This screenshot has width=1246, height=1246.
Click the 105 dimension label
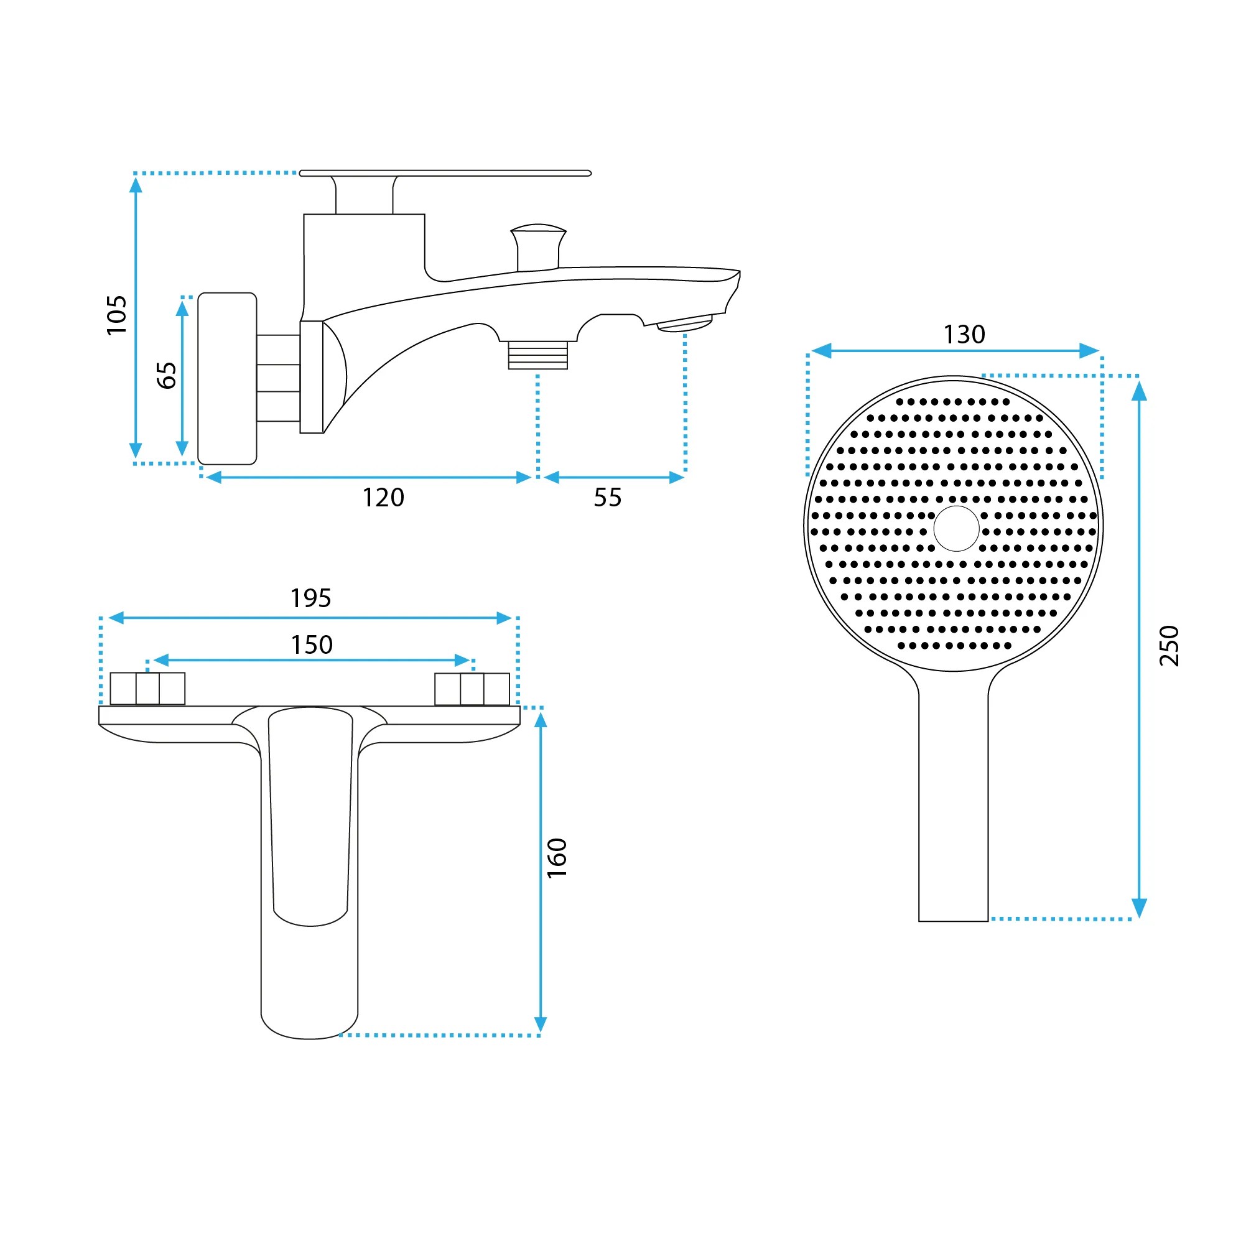pyautogui.click(x=117, y=315)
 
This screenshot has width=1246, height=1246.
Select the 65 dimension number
pyautogui.click(x=167, y=375)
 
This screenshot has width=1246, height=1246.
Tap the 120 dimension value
pyautogui.click(x=383, y=498)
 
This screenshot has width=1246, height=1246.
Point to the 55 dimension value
pyautogui.click(x=608, y=498)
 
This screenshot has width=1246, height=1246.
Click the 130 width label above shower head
pyautogui.click(x=964, y=334)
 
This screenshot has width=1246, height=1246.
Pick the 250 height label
pyautogui.click(x=1169, y=646)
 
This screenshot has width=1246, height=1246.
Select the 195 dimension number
pyautogui.click(x=311, y=598)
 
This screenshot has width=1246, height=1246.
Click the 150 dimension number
pyautogui.click(x=312, y=645)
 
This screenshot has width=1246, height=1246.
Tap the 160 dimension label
pyautogui.click(x=557, y=858)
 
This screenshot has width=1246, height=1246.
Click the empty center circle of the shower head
pyautogui.click(x=956, y=529)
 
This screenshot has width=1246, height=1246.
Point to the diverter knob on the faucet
pyautogui.click(x=539, y=248)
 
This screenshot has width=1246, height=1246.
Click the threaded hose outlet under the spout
pyautogui.click(x=538, y=355)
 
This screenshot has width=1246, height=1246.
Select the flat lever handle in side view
pyautogui.click(x=445, y=173)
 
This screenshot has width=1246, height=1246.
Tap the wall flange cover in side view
pyautogui.click(x=227, y=379)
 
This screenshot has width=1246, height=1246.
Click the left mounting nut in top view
pyautogui.click(x=147, y=689)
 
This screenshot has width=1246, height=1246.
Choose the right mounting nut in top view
pyautogui.click(x=472, y=689)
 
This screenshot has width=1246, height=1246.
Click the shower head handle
pyautogui.click(x=953, y=800)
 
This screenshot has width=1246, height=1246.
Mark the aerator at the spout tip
pyautogui.click(x=685, y=323)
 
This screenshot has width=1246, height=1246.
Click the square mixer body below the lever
pyautogui.click(x=365, y=267)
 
